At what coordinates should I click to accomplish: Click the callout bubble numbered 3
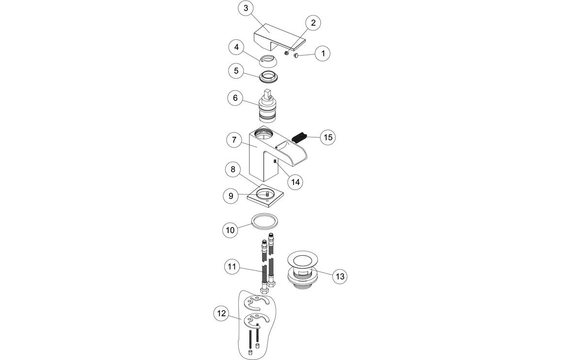pos(247,8)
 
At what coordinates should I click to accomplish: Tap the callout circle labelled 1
pos(322,53)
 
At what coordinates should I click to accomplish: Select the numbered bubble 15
pos(328,137)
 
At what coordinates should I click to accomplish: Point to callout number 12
pos(221,314)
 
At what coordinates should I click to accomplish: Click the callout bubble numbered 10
pos(231,229)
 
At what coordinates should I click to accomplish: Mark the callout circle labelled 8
pos(233,169)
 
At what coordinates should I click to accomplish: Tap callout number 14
pos(295,182)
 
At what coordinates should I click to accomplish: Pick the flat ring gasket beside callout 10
pos(266,221)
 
